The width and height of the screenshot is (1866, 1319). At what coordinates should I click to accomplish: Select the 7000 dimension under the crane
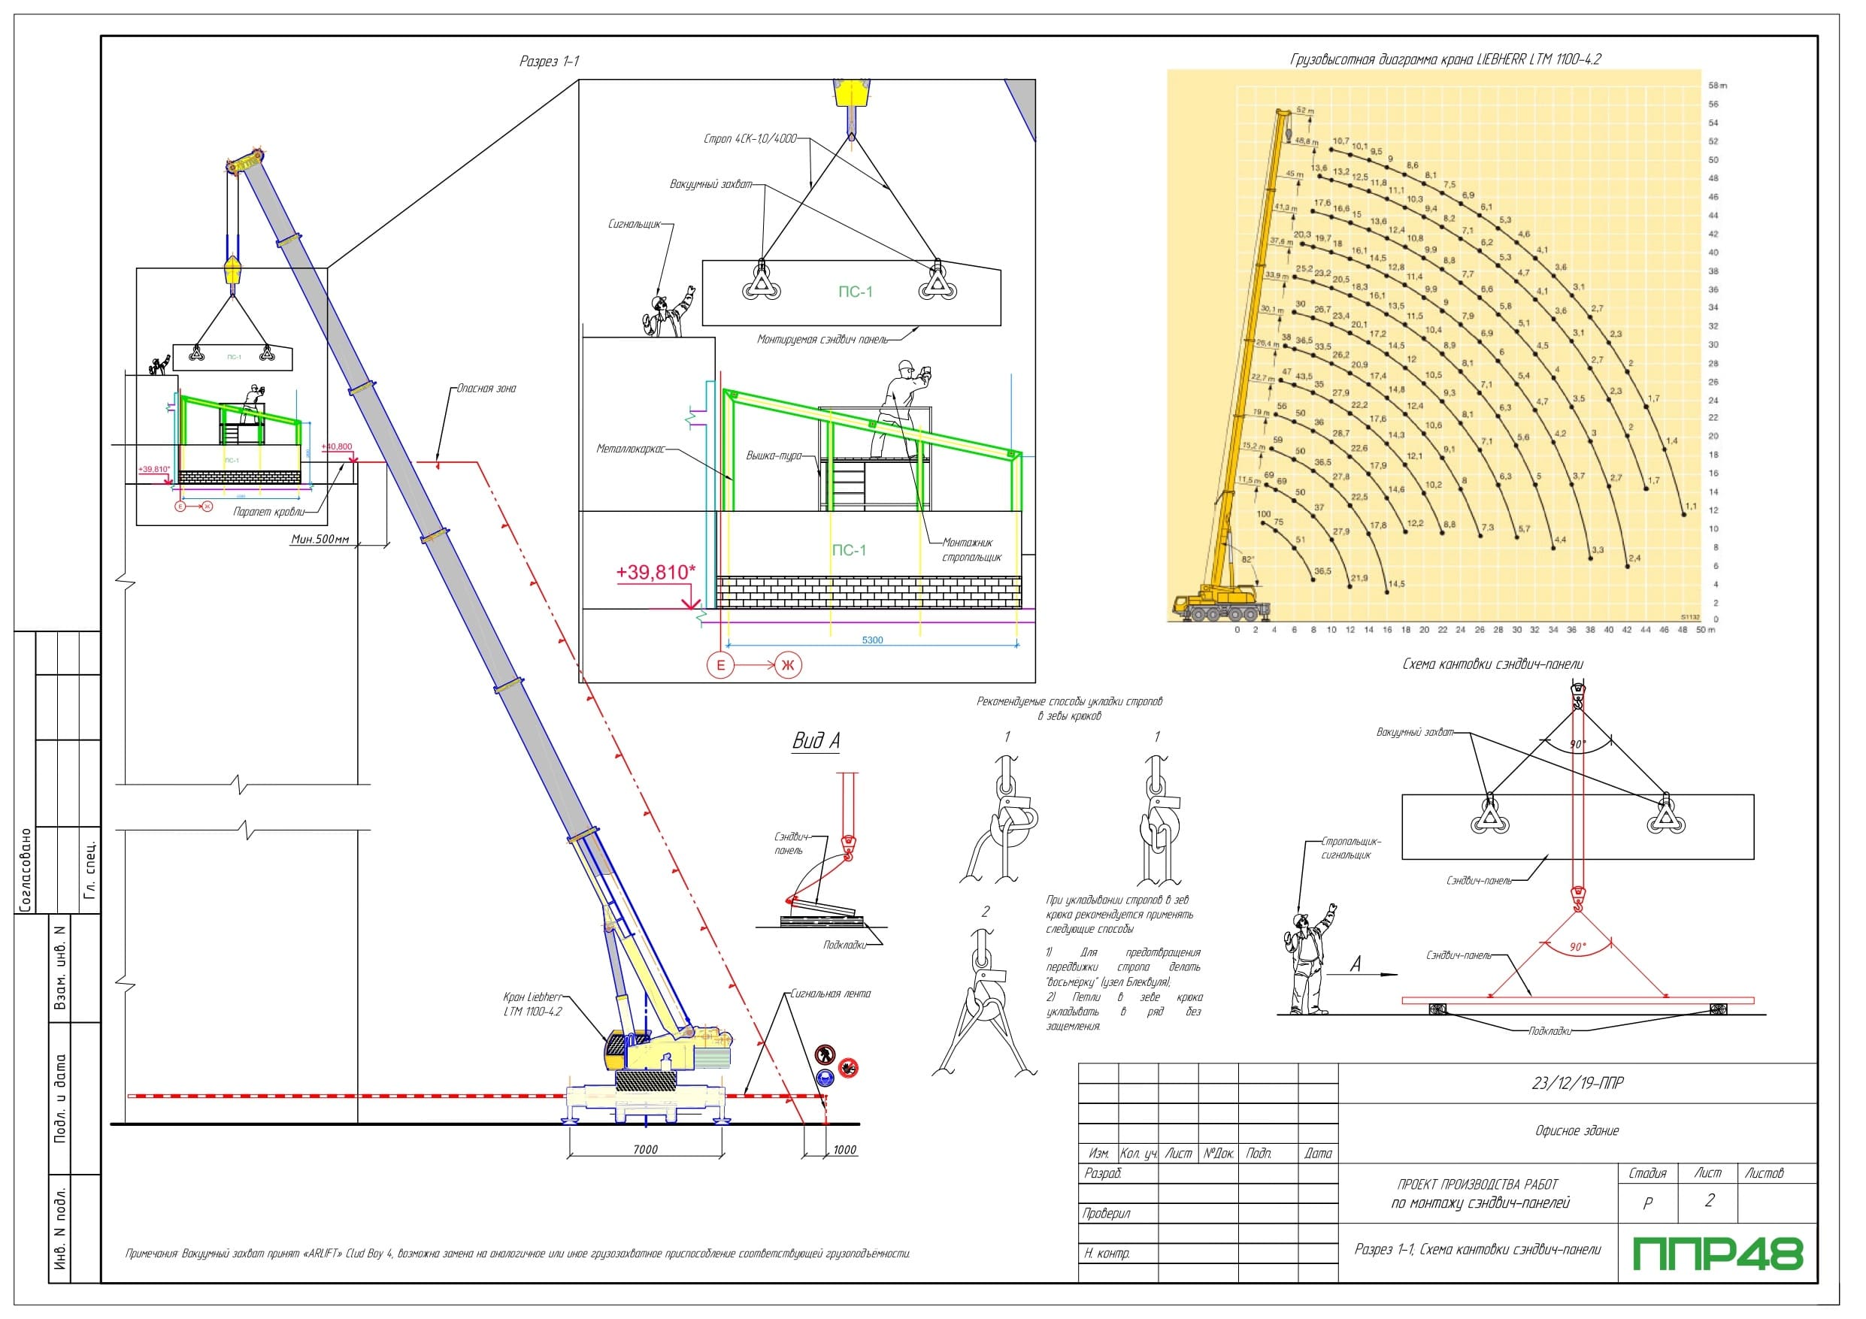click(644, 1149)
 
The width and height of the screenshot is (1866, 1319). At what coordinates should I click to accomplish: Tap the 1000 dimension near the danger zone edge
click(844, 1149)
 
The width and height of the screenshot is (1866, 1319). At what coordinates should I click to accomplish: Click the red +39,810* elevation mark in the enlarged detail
click(656, 572)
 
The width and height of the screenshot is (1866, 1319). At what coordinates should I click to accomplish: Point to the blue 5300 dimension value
click(872, 640)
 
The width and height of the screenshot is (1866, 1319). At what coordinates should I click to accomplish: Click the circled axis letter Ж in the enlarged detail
click(786, 666)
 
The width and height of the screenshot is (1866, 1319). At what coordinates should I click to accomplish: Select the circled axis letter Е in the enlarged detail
click(720, 666)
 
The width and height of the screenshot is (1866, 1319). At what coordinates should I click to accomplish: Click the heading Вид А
click(816, 741)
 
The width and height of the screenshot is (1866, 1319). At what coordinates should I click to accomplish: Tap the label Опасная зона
click(486, 389)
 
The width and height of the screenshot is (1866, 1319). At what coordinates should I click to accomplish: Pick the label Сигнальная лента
click(830, 993)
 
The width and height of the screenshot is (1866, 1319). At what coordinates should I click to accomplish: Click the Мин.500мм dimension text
click(320, 539)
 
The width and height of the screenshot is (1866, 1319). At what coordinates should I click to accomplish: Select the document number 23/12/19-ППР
click(1577, 1083)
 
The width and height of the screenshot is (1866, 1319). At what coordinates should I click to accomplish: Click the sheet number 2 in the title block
click(1709, 1200)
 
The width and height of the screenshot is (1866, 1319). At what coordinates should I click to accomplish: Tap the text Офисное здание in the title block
click(1577, 1130)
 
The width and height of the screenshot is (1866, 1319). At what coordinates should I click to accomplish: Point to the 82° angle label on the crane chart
click(1247, 559)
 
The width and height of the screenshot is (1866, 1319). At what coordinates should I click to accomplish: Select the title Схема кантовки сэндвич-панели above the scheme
click(1493, 664)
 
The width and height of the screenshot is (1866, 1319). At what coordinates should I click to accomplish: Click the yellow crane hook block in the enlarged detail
click(851, 93)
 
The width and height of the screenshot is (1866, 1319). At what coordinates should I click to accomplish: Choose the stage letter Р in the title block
click(1647, 1203)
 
